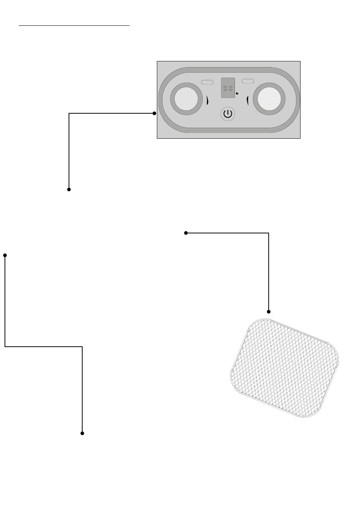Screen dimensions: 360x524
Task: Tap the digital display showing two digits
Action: point(228,88)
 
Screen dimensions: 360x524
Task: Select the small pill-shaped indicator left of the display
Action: point(207,82)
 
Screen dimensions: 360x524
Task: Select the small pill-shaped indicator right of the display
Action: point(248,81)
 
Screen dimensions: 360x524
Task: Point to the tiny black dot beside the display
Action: point(237,93)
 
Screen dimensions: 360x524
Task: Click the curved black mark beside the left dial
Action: point(207,100)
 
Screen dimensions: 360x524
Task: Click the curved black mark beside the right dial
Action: point(247,101)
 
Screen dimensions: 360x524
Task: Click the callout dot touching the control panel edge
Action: point(154,113)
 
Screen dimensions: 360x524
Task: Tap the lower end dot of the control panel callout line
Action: point(69,189)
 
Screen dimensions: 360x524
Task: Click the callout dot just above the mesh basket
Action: point(269,311)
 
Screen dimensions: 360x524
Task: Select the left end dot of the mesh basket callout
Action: point(186,233)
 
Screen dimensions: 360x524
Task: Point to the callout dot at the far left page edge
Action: point(5,255)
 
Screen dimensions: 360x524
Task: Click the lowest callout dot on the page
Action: point(82,433)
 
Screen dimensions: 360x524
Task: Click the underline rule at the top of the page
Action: point(74,26)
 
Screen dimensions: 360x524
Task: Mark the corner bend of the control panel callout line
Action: point(69,113)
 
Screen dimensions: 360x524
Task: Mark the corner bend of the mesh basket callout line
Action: point(269,233)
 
